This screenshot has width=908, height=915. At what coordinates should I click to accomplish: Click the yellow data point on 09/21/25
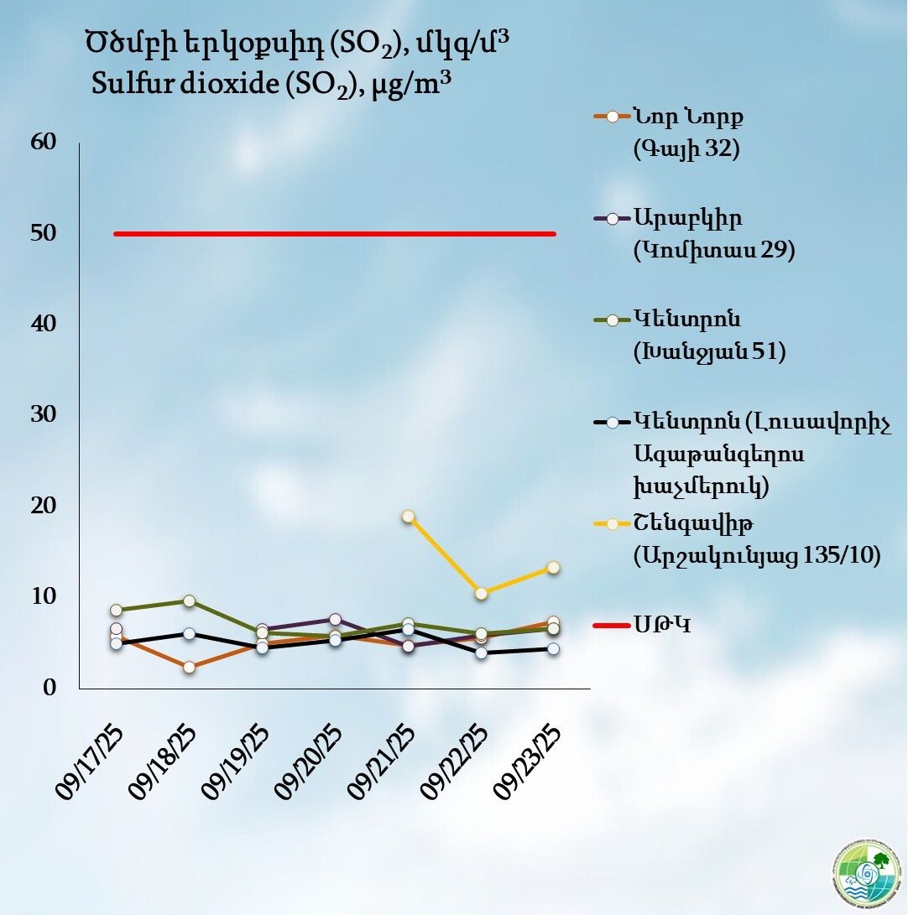[408, 517]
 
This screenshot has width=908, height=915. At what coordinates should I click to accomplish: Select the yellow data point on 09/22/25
[481, 594]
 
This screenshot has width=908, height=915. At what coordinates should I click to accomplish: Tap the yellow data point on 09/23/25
[554, 568]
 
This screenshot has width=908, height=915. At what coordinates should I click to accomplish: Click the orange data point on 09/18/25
[190, 668]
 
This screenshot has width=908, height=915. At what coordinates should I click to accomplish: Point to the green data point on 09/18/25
[190, 600]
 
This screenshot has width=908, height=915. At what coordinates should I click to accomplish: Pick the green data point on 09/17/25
[117, 610]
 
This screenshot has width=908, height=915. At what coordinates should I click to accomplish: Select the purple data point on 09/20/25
[335, 620]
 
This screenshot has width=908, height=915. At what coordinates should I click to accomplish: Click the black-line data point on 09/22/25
[481, 652]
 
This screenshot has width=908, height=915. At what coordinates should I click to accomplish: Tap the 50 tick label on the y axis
[44, 233]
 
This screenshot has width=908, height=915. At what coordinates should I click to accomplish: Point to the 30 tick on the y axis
[44, 414]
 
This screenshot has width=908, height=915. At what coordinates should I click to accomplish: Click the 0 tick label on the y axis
[50, 688]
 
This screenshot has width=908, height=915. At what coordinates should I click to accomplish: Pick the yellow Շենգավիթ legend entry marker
[612, 524]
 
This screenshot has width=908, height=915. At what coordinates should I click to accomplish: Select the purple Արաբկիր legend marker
[612, 218]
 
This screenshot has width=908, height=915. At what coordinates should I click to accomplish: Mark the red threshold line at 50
[336, 234]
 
